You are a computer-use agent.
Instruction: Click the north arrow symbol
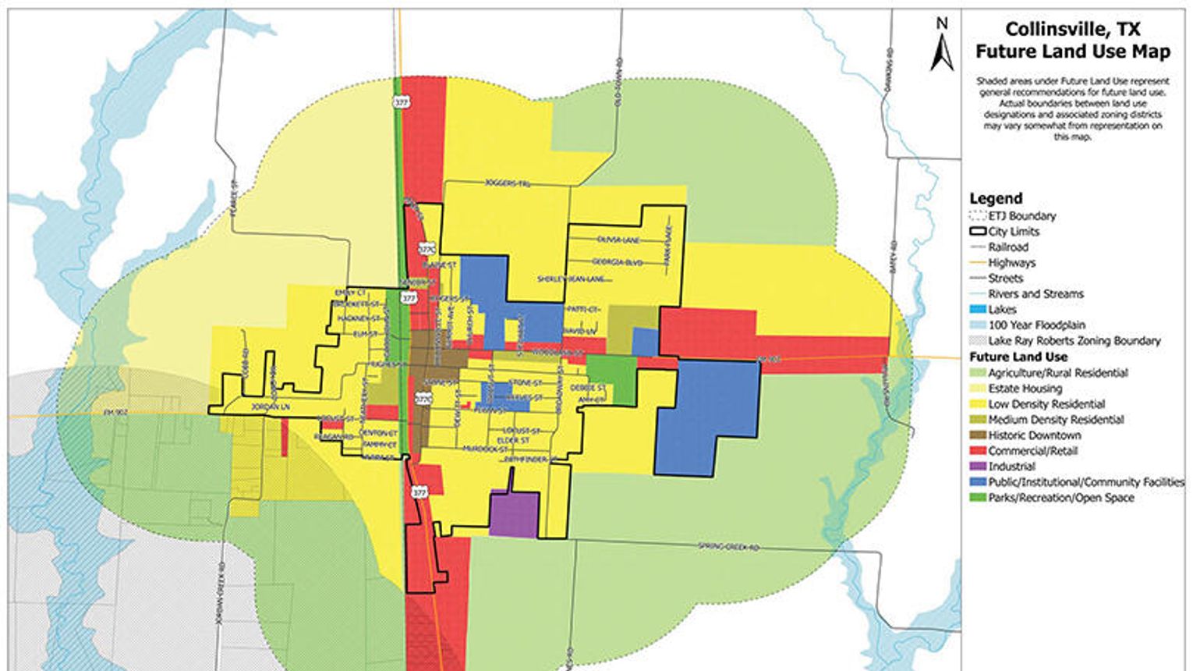(x=942, y=48)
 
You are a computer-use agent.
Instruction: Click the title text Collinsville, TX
(x=1072, y=30)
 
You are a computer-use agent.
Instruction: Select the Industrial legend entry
(x=1011, y=467)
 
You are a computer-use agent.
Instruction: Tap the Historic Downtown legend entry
(x=1034, y=435)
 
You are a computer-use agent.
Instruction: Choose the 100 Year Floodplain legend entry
(x=1036, y=325)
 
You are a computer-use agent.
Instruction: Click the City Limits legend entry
(x=1013, y=232)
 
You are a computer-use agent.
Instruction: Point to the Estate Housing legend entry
(x=1025, y=389)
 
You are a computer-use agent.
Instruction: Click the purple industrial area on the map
(x=514, y=514)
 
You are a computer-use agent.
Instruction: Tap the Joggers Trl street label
(x=507, y=185)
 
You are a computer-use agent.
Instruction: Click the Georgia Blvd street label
(x=617, y=262)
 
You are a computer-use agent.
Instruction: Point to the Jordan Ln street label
(x=271, y=407)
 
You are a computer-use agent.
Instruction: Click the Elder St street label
(x=515, y=441)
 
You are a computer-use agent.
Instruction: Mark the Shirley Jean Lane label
(x=571, y=279)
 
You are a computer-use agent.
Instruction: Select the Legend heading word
(x=996, y=199)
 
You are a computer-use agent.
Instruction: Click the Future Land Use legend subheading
(x=1018, y=357)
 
